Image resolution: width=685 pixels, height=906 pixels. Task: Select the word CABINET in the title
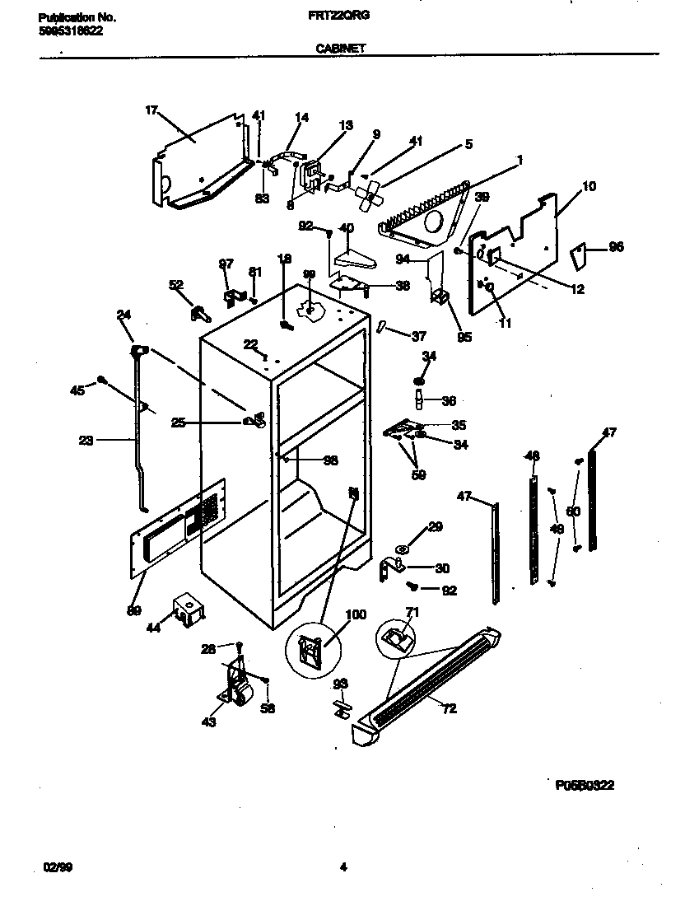click(x=340, y=49)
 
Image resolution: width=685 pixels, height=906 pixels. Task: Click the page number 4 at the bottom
click(x=342, y=866)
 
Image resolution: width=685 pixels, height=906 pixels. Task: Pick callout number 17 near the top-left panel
click(x=151, y=110)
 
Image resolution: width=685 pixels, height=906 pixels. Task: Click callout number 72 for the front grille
click(x=450, y=708)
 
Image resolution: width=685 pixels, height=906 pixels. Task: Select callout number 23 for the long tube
click(x=86, y=440)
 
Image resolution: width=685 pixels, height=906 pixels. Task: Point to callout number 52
click(x=175, y=285)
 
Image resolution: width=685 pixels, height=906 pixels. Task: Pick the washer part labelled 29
click(x=403, y=548)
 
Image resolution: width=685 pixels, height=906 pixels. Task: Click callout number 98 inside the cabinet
click(x=330, y=461)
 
